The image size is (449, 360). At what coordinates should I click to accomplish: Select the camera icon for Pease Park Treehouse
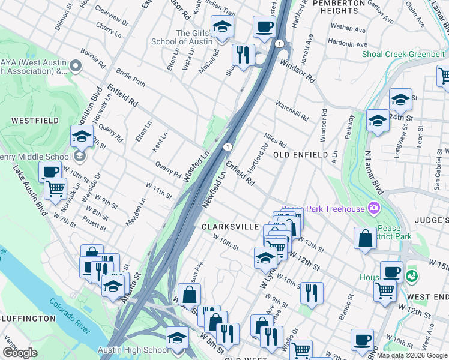(x=375, y=208)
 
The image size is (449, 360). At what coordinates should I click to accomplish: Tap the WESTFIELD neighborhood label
(x=35, y=121)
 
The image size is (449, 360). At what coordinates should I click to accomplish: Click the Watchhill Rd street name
(x=291, y=109)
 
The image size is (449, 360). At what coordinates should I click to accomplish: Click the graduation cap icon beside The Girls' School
(x=222, y=27)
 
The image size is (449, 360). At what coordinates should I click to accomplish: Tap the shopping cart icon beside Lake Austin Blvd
(x=55, y=188)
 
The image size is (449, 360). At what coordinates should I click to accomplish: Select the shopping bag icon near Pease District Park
(x=365, y=239)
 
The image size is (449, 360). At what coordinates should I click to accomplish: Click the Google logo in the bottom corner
(x=20, y=353)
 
